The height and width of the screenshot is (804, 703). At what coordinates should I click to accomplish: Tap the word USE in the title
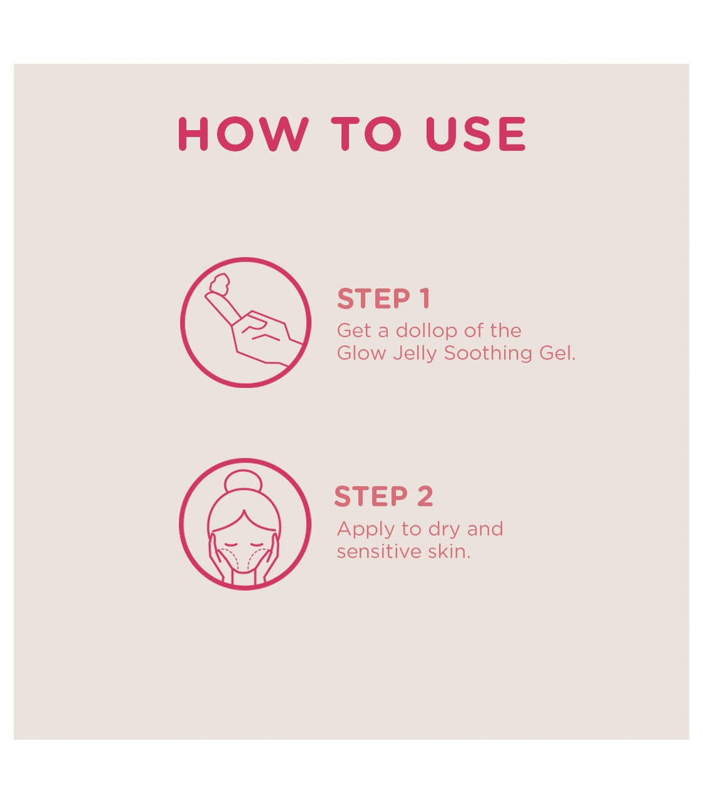click(475, 134)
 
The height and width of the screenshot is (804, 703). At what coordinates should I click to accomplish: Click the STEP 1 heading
click(383, 299)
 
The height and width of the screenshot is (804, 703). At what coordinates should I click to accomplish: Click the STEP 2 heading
click(383, 496)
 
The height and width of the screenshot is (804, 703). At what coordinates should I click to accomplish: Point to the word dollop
click(426, 331)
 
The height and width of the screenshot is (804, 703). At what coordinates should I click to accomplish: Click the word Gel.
click(557, 353)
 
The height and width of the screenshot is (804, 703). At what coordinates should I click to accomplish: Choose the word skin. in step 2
click(448, 551)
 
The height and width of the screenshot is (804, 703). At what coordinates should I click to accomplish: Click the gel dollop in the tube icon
click(219, 283)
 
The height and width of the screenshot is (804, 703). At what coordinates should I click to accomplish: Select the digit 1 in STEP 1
click(424, 299)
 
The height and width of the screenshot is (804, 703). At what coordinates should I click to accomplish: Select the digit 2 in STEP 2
click(424, 496)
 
